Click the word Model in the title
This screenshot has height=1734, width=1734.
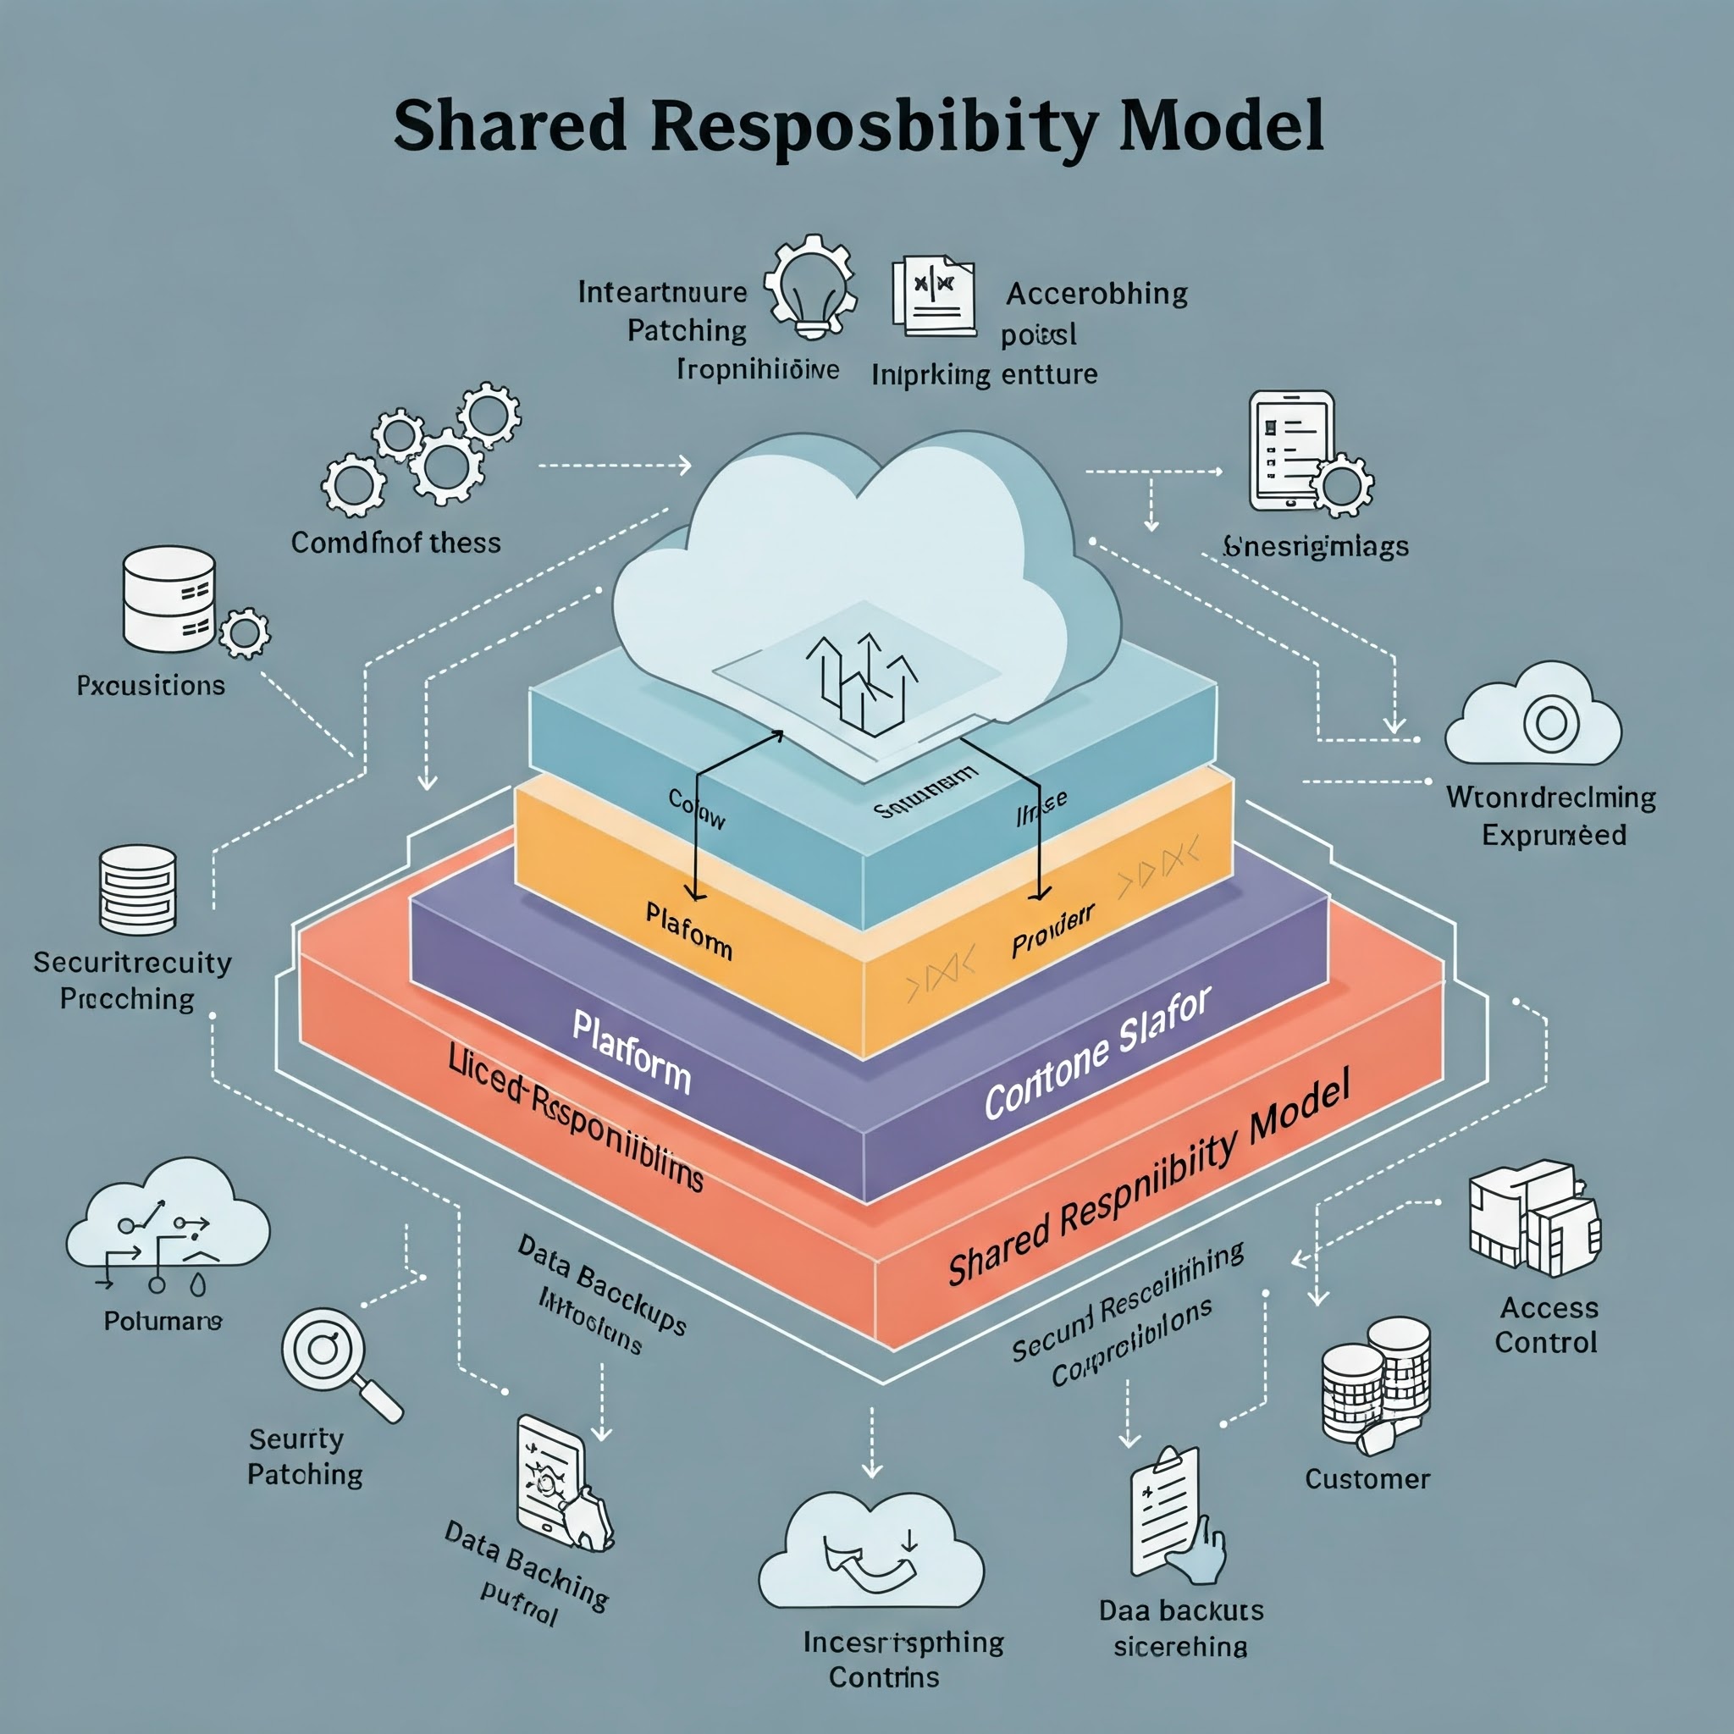1222,125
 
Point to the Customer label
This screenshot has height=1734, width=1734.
1367,1479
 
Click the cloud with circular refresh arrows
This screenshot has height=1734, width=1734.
870,1554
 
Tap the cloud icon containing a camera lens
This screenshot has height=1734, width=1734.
1533,717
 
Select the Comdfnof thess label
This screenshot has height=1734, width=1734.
395,543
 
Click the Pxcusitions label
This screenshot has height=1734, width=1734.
151,686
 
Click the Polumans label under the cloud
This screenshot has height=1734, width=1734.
163,1320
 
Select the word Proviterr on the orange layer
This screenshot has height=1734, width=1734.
1052,931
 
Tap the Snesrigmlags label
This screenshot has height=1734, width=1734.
1316,547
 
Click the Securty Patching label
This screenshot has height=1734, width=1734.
305,1456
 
